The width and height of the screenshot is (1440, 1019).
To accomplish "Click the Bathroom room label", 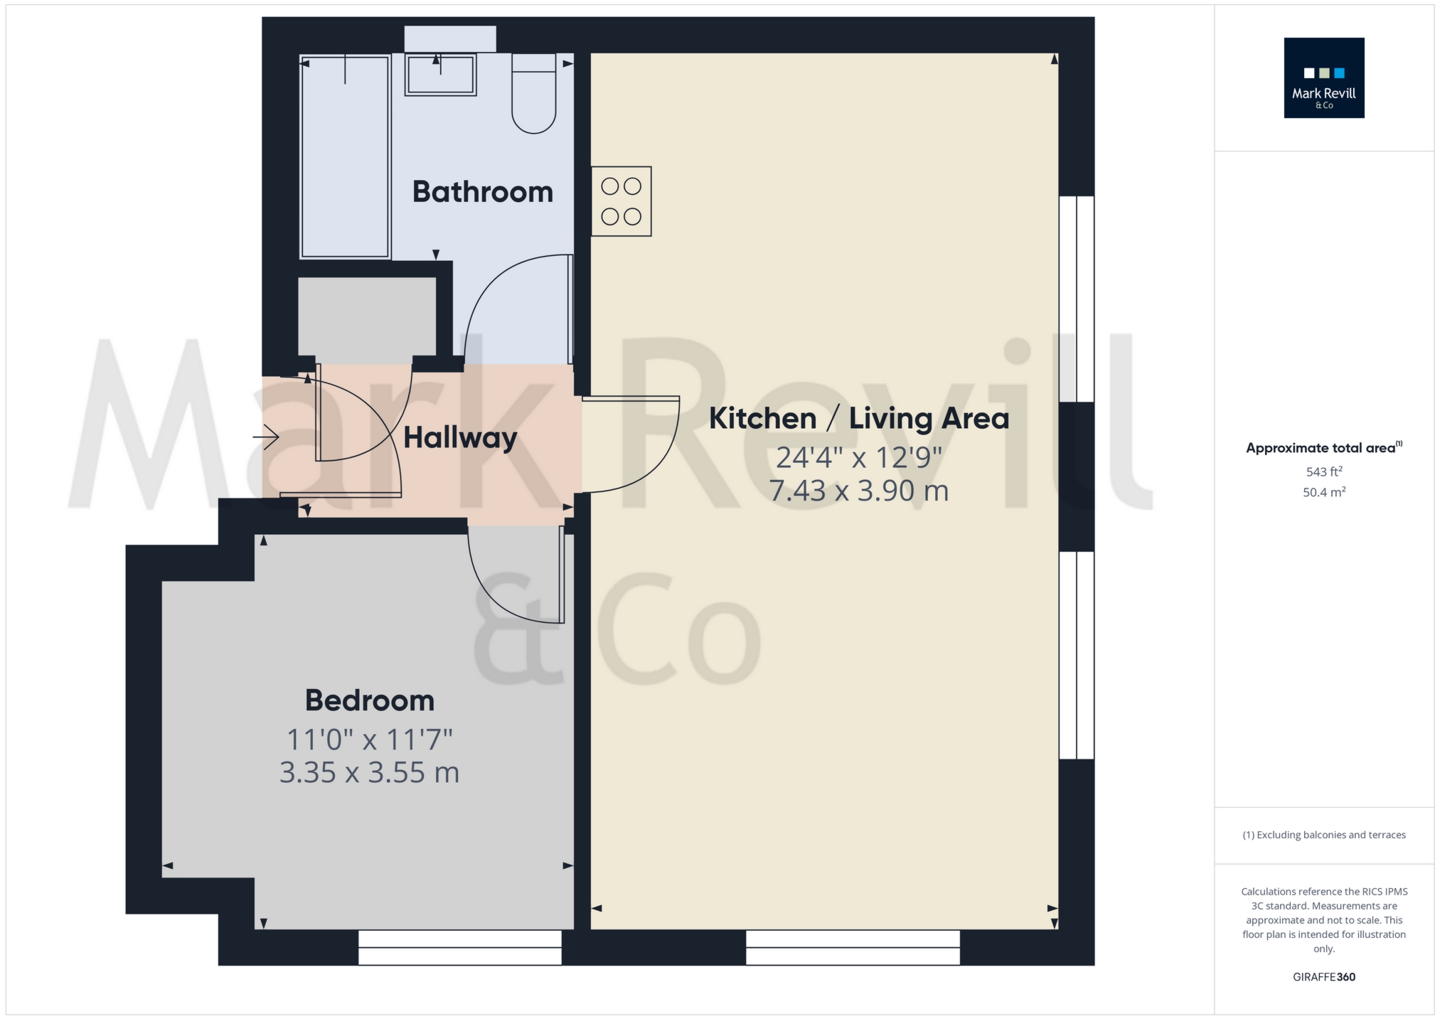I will (482, 192).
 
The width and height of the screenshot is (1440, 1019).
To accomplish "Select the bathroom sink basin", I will (440, 75).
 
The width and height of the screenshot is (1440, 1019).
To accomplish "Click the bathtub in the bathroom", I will (345, 156).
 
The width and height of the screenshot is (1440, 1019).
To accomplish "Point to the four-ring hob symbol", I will (621, 201).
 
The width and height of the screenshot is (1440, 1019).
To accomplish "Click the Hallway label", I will (459, 438).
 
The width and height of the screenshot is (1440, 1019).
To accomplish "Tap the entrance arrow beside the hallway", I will (266, 437).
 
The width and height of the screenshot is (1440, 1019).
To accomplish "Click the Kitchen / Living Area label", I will (858, 418).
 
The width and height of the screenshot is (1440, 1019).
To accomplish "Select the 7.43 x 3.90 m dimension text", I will (858, 491).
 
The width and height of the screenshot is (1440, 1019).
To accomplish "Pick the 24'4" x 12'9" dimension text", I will (858, 457).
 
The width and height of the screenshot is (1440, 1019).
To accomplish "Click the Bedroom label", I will (369, 700).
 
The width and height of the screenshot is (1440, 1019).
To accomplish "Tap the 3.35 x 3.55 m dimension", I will (369, 772).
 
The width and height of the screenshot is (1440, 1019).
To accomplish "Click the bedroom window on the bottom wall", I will (459, 947).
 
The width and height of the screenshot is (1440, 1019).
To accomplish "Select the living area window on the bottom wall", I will (852, 947).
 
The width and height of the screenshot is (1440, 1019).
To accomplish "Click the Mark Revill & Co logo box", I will (1323, 78).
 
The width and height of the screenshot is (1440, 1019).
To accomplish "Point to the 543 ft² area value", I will (1323, 471).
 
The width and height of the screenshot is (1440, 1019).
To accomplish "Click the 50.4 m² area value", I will (1323, 492).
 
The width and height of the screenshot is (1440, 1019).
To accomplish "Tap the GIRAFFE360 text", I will (1323, 976).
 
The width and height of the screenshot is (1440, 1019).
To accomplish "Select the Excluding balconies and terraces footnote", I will (1323, 835).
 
